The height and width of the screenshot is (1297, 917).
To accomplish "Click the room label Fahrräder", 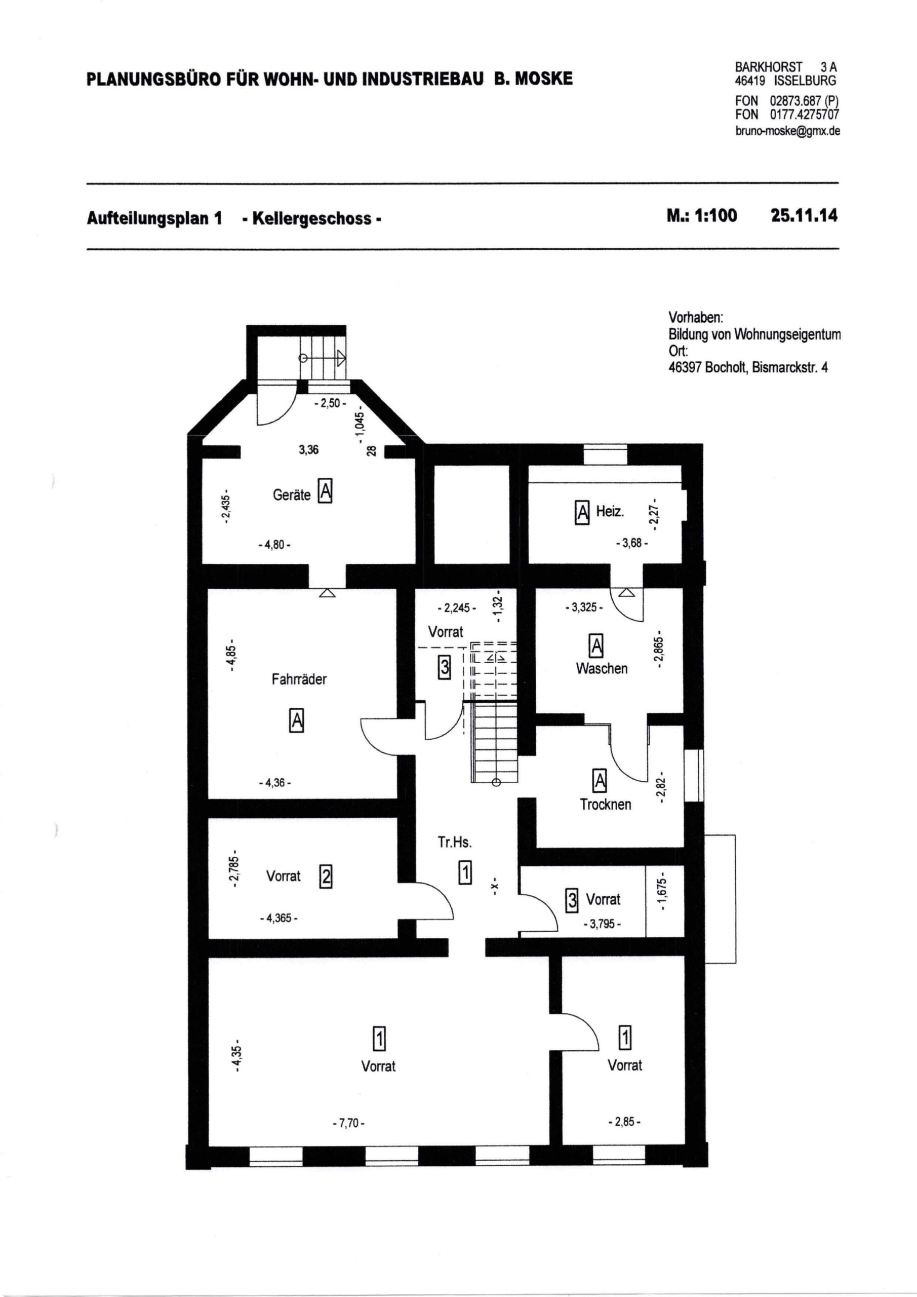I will pos(299,679).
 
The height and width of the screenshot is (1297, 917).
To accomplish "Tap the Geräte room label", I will pos(291,495).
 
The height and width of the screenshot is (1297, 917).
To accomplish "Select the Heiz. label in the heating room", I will pos(610,512).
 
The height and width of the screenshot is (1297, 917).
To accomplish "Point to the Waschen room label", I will pos(602,668).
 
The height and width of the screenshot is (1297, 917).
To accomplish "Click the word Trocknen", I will pos(605,805).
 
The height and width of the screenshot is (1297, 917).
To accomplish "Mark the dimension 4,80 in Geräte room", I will pos(274,546).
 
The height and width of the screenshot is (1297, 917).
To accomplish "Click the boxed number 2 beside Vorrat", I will pos(326,876).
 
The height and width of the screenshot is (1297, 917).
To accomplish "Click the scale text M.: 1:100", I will pos(701,216).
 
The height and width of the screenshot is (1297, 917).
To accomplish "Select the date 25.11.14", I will pos(804,216).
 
